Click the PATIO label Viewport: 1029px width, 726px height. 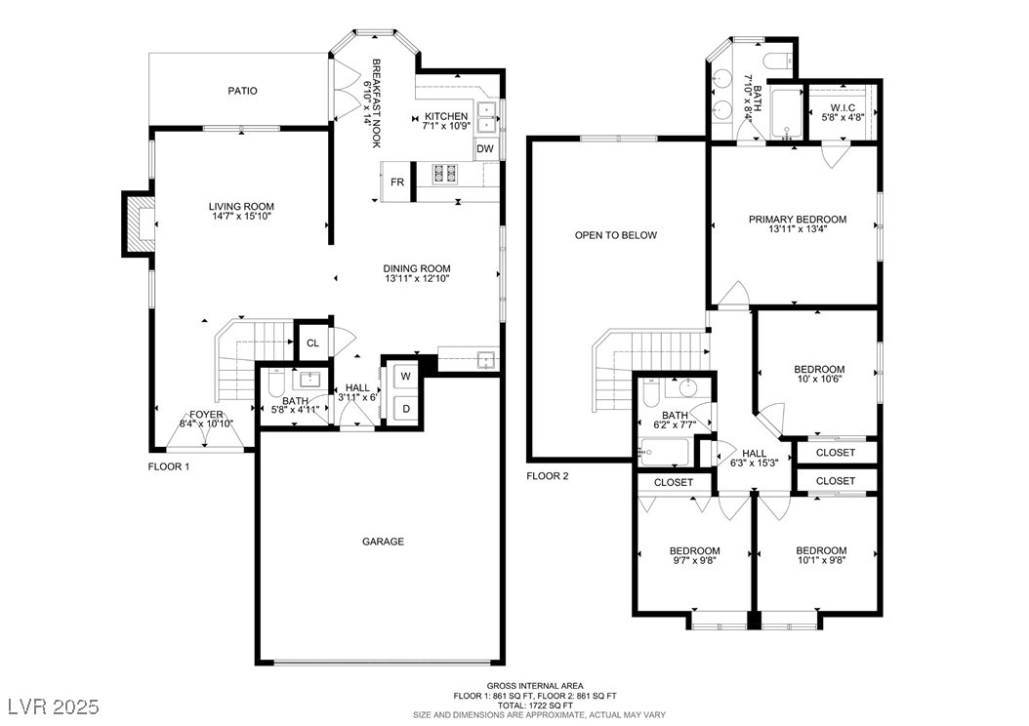coord(242,91)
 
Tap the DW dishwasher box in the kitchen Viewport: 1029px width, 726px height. coord(485,149)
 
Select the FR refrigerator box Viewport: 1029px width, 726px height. coord(396,181)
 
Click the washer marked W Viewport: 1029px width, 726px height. coord(405,376)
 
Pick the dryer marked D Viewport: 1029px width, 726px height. coord(405,409)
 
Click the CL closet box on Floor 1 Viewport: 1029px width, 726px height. coord(313,343)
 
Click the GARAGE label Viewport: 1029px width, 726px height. coord(384,542)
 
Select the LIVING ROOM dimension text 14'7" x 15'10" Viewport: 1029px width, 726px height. coord(241,216)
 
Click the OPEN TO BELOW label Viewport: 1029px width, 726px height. coord(616,235)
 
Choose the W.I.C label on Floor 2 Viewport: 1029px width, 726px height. coord(843,107)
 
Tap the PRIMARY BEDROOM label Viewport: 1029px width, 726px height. coord(798,220)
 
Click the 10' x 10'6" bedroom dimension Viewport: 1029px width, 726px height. coord(819,379)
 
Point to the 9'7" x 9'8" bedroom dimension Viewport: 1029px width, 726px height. coord(694,560)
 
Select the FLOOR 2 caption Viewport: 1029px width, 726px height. coord(548,476)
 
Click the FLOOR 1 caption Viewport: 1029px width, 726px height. coord(169,467)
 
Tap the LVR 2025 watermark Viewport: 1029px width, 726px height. coord(53,706)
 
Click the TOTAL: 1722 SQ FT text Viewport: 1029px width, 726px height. coord(534,705)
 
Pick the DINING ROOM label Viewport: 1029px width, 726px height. coord(417,268)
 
